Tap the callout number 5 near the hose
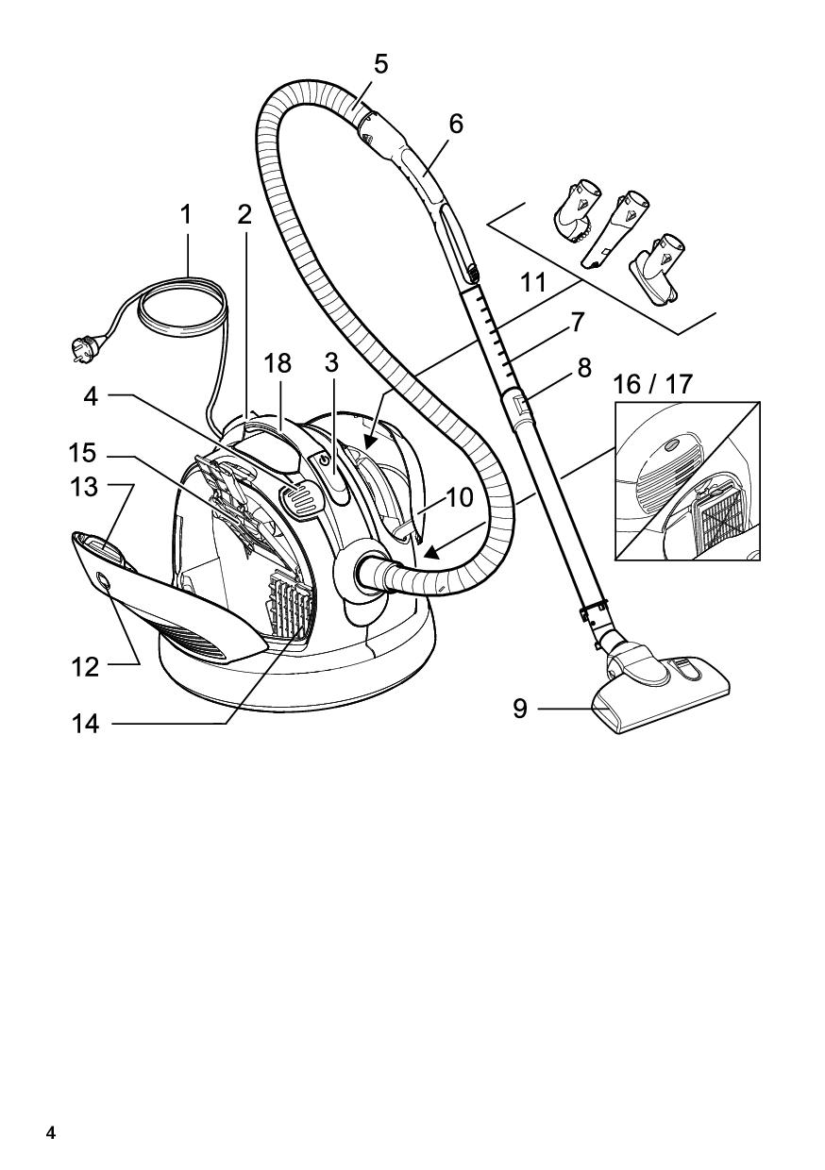381,64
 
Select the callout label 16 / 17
652,384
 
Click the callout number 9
520,709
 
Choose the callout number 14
85,725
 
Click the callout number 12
85,667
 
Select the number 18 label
278,363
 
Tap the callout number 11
533,282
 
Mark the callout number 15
82,453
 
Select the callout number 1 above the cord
185,215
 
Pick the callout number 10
460,498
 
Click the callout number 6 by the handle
456,124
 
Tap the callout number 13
85,487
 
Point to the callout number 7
577,322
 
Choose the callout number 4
91,396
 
